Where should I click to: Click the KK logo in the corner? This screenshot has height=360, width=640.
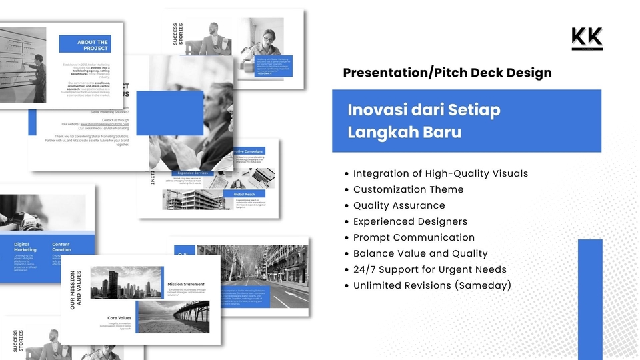click(587, 38)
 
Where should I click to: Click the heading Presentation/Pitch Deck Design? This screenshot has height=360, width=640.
click(447, 73)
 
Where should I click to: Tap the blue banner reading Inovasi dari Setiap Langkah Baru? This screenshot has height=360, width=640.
click(466, 121)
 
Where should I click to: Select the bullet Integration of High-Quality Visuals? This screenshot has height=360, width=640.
click(440, 173)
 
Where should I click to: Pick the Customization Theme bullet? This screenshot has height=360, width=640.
click(408, 189)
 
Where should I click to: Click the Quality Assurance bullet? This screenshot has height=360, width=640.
click(399, 205)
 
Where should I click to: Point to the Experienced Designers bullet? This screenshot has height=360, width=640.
click(410, 221)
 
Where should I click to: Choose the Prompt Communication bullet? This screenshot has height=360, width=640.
click(413, 237)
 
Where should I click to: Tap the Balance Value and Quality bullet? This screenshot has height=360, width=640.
click(420, 253)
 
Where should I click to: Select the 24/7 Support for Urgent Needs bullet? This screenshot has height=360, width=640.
click(429, 269)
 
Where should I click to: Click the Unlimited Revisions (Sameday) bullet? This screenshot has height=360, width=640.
click(432, 285)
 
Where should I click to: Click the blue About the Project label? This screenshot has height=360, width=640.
click(85, 45)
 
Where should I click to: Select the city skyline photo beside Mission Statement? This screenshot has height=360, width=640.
click(126, 283)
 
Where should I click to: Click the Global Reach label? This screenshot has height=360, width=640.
click(244, 194)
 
